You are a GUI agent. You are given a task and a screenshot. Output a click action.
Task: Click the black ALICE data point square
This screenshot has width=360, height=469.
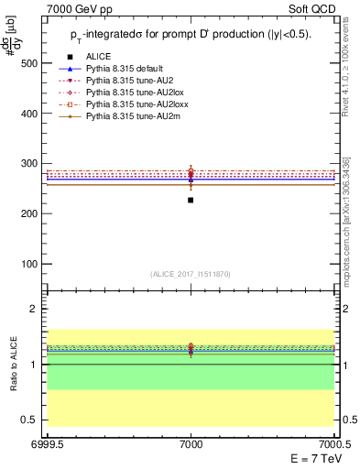click(191, 200)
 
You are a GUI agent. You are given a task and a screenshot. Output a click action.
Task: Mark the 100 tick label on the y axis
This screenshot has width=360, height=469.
click(29, 264)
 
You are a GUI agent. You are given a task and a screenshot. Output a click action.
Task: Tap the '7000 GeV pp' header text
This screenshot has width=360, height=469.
click(73, 7)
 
